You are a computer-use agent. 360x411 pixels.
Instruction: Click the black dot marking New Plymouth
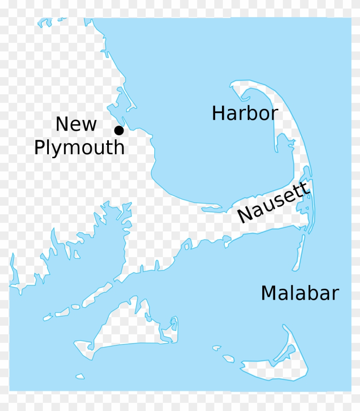pyautogui.click(x=119, y=130)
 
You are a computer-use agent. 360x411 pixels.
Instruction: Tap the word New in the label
pyautogui.click(x=76, y=124)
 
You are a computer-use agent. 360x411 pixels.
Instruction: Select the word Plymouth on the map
pyautogui.click(x=79, y=148)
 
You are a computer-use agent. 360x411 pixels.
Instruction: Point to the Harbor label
pyautogui.click(x=245, y=114)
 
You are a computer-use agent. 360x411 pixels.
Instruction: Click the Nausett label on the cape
pyautogui.click(x=273, y=202)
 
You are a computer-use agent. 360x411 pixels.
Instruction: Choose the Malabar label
pyautogui.click(x=300, y=294)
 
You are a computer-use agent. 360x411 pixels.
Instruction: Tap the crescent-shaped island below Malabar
pyautogui.click(x=279, y=364)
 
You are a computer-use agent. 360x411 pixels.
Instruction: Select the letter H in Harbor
pyautogui.click(x=218, y=114)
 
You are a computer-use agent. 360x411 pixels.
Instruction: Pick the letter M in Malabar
pyautogui.click(x=268, y=294)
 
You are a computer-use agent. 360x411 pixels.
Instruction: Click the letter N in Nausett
pyautogui.click(x=244, y=214)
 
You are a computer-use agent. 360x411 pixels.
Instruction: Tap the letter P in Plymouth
pyautogui.click(x=40, y=148)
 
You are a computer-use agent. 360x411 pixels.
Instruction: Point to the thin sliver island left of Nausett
pyautogui.click(x=212, y=210)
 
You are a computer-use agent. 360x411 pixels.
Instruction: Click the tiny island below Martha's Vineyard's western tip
pyautogui.click(x=80, y=376)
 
